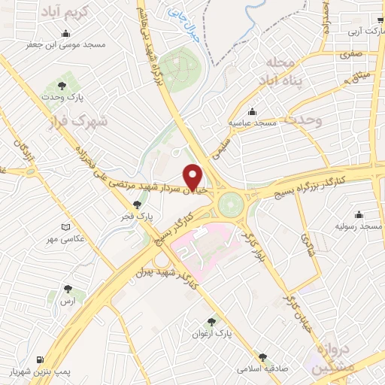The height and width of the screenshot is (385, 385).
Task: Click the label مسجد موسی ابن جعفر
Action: (67, 46)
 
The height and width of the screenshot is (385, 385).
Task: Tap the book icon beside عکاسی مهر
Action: (66, 228)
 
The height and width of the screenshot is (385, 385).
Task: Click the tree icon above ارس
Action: (68, 289)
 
